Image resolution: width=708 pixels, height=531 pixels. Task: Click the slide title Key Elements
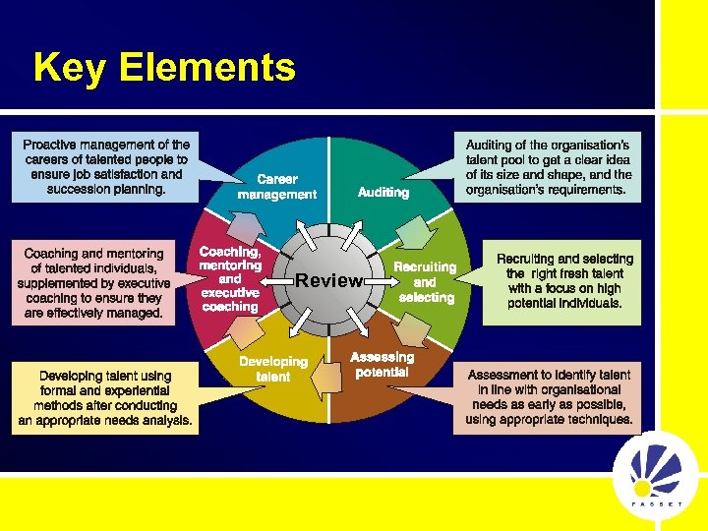click(x=164, y=68)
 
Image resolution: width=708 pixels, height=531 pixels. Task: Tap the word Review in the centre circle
click(x=328, y=280)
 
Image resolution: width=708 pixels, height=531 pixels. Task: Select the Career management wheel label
click(x=276, y=187)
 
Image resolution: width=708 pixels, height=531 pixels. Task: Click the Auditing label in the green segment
click(x=383, y=193)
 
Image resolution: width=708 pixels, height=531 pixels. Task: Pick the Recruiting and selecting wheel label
click(x=425, y=281)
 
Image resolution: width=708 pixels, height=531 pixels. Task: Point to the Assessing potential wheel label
click(x=383, y=365)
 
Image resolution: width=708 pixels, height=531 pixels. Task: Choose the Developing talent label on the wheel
click(x=273, y=369)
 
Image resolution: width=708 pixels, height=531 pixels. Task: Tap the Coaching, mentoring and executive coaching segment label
click(x=229, y=279)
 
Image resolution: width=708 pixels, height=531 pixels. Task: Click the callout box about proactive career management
click(x=106, y=166)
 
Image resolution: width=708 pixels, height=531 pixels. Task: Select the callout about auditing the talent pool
click(x=548, y=167)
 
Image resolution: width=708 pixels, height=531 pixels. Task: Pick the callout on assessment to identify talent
click(x=549, y=397)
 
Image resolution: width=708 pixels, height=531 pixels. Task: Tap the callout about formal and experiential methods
click(x=105, y=397)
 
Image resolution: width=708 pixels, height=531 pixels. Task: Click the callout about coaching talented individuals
click(x=93, y=283)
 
